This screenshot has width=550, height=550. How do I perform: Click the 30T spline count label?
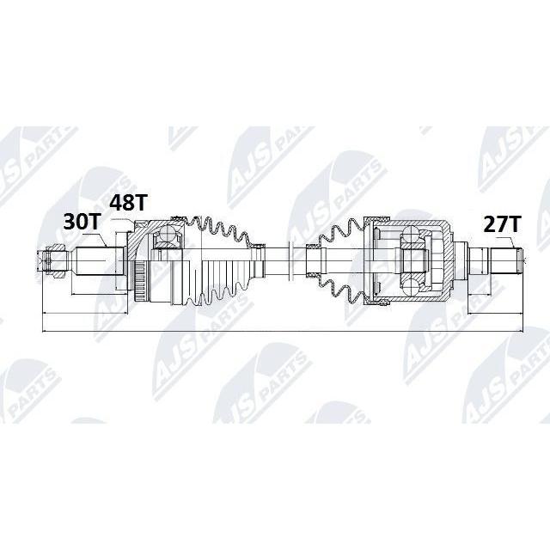[82, 222]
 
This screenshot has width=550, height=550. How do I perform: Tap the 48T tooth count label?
[128, 203]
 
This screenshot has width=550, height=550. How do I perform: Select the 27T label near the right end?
[502, 224]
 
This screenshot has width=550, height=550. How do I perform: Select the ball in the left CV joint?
[168, 234]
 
